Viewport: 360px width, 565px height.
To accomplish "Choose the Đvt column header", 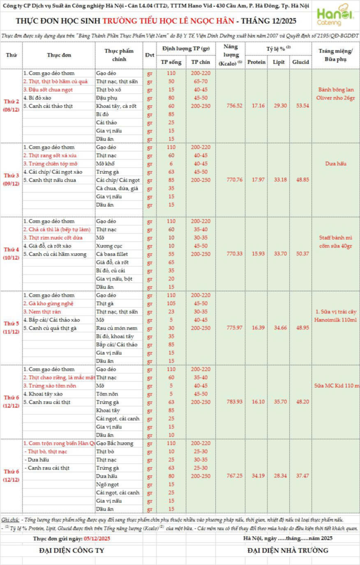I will [149, 55].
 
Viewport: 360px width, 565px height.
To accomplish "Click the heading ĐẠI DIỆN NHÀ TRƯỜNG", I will [279, 550].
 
